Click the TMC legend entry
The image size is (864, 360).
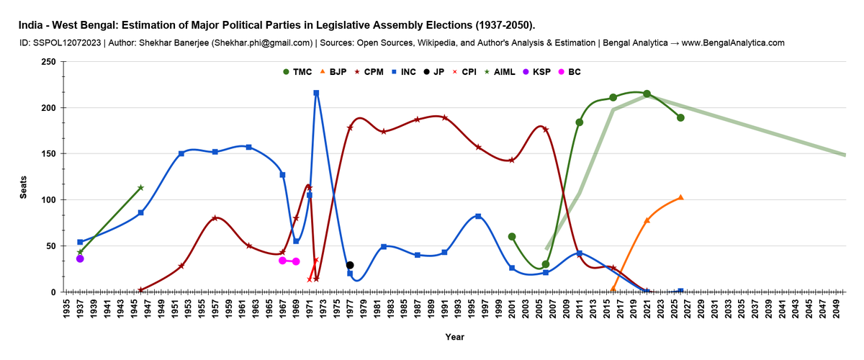(296, 72)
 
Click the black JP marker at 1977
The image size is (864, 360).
(350, 265)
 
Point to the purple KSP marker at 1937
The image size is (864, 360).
(80, 258)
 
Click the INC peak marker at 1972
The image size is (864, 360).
(316, 93)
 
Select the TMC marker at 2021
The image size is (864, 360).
(647, 94)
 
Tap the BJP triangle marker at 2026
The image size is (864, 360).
(680, 197)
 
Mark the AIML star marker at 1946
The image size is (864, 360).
(140, 188)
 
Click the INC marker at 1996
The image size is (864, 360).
(478, 216)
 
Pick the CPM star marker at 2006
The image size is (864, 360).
(546, 130)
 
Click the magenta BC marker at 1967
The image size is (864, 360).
(282, 261)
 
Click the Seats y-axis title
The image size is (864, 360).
(23, 189)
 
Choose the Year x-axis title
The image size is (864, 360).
(454, 337)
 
